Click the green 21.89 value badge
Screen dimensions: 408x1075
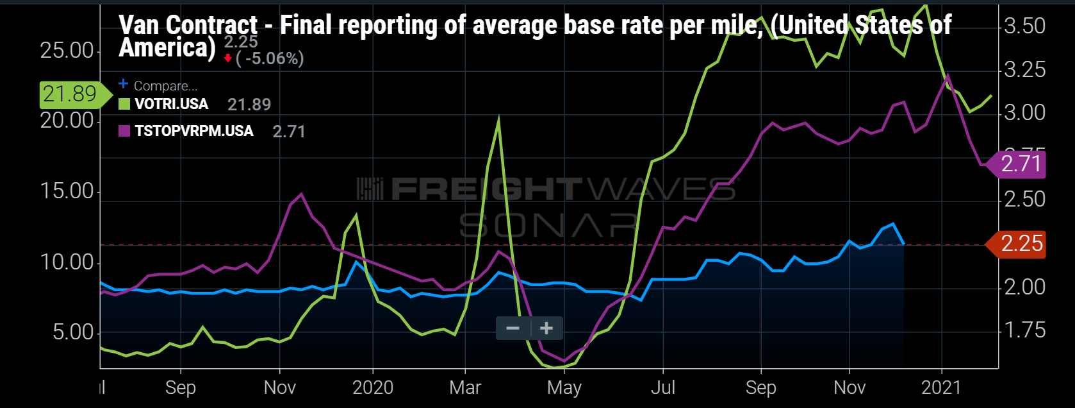(x=69, y=94)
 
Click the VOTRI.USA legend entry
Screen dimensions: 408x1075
(x=171, y=105)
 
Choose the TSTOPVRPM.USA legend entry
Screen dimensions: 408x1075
(x=193, y=132)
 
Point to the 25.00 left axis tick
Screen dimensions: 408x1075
(x=67, y=51)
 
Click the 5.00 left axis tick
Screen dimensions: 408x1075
(x=72, y=332)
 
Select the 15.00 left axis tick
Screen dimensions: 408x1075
(x=67, y=191)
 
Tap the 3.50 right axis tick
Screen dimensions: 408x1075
(x=1024, y=26)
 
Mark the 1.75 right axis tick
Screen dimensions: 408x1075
(x=1024, y=330)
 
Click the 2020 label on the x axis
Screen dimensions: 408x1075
(x=373, y=387)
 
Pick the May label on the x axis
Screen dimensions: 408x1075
(x=564, y=387)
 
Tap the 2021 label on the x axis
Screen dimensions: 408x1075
(x=941, y=387)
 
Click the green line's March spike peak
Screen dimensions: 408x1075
(x=498, y=120)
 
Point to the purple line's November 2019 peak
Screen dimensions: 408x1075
(x=301, y=194)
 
